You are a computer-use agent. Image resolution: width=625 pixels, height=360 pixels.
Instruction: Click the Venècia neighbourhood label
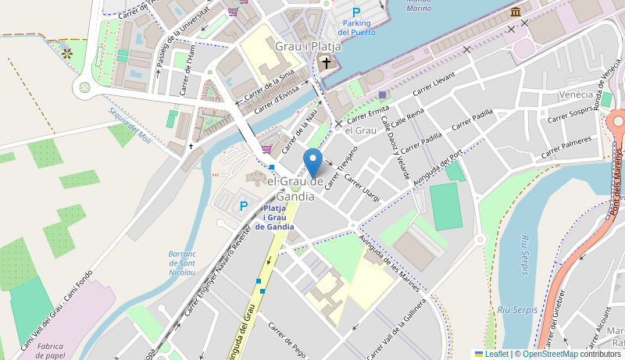(577, 94)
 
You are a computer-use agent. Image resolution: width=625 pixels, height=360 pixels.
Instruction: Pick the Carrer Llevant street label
(434, 83)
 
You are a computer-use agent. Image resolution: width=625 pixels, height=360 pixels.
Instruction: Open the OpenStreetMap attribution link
(550, 354)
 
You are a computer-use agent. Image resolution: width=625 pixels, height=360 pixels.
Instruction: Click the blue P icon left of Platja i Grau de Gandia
(243, 206)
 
